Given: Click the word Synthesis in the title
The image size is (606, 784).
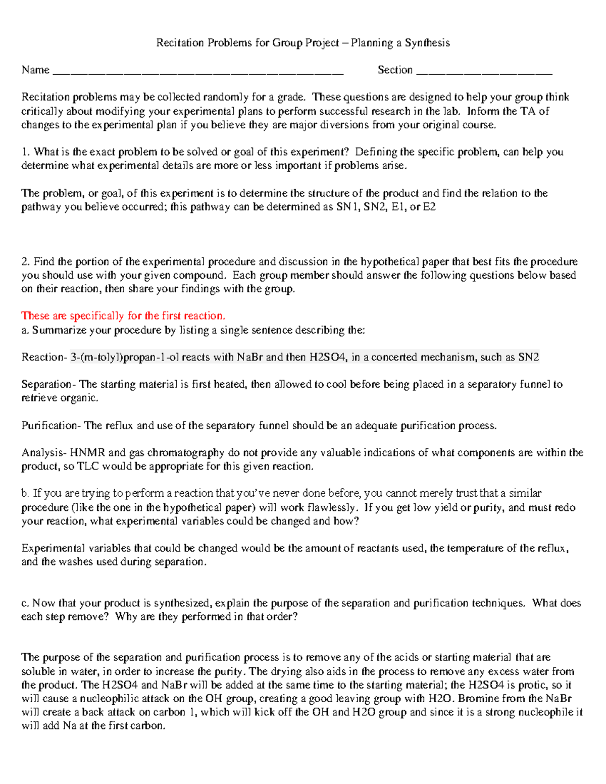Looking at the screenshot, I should [x=427, y=43].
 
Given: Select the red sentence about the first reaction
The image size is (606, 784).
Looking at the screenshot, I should [x=123, y=316].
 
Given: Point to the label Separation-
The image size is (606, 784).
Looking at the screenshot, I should [x=49, y=384].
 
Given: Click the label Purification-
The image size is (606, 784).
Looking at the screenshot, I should [x=51, y=426].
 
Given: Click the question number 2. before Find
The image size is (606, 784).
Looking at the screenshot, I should [x=26, y=262].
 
